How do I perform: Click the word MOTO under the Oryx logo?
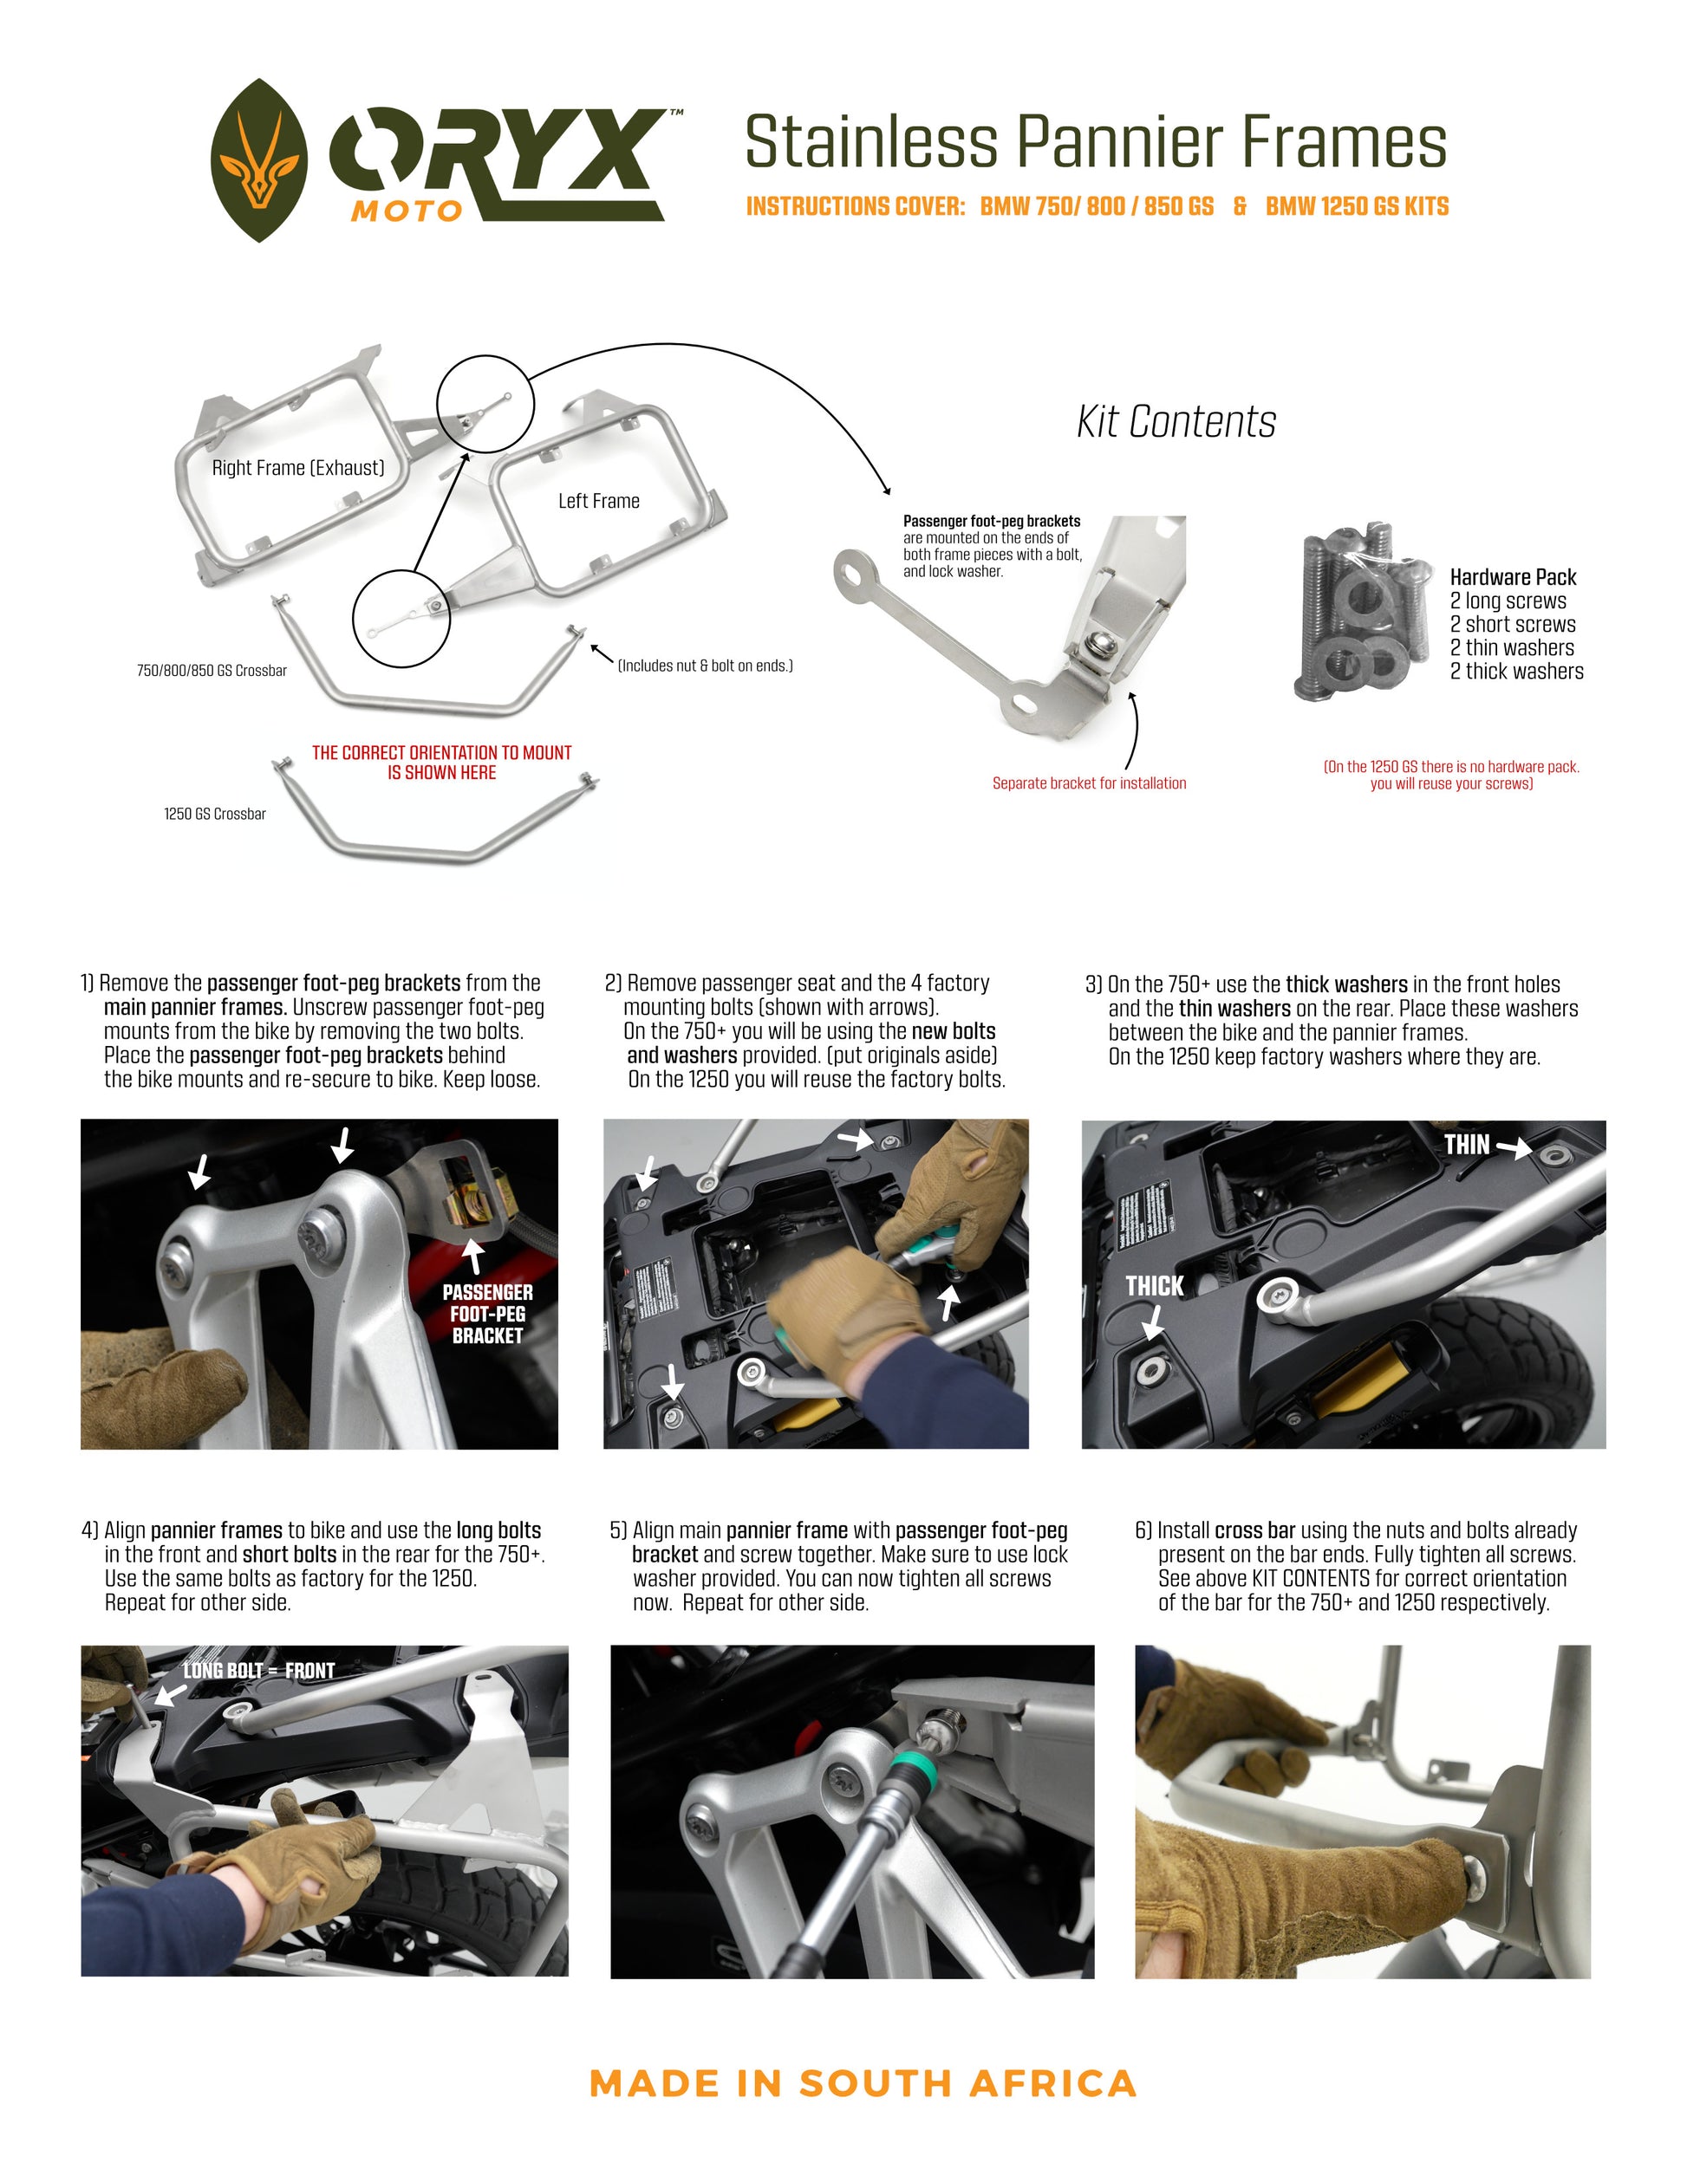406,211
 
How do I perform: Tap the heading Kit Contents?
1176,422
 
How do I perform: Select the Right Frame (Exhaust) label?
298,468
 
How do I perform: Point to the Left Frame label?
599,501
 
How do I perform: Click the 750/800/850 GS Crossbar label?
212,671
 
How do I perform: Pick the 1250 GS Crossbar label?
215,815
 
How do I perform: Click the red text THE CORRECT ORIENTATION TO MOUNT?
442,752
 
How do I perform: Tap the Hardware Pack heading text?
1512,576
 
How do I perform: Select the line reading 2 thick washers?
1516,672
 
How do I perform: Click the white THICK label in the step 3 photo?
1155,1286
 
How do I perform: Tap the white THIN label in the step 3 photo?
1466,1145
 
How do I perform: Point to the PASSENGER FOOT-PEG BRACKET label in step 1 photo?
488,1314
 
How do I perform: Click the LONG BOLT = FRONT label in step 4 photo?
259,1671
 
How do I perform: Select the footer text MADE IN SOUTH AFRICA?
863,2083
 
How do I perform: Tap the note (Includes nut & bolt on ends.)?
705,666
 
